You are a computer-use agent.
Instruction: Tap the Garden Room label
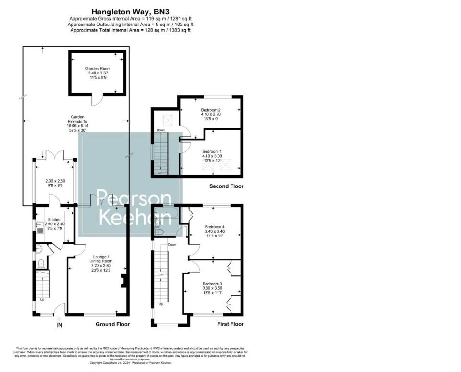click(x=98, y=69)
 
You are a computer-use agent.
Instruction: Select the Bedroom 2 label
click(x=211, y=110)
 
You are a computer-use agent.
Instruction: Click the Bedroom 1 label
click(x=212, y=151)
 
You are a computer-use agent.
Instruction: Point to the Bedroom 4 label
click(x=215, y=226)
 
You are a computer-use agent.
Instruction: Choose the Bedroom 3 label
click(x=212, y=284)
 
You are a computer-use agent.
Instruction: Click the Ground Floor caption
click(x=112, y=324)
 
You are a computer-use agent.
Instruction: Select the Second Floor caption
click(x=226, y=186)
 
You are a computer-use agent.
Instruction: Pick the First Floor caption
click(x=230, y=324)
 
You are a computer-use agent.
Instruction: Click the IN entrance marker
click(x=59, y=325)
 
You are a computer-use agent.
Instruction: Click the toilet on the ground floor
click(x=41, y=263)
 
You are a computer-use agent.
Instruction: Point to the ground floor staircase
click(x=43, y=284)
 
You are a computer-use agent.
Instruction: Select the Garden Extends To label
click(x=77, y=121)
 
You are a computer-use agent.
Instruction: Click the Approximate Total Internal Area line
click(x=130, y=30)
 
